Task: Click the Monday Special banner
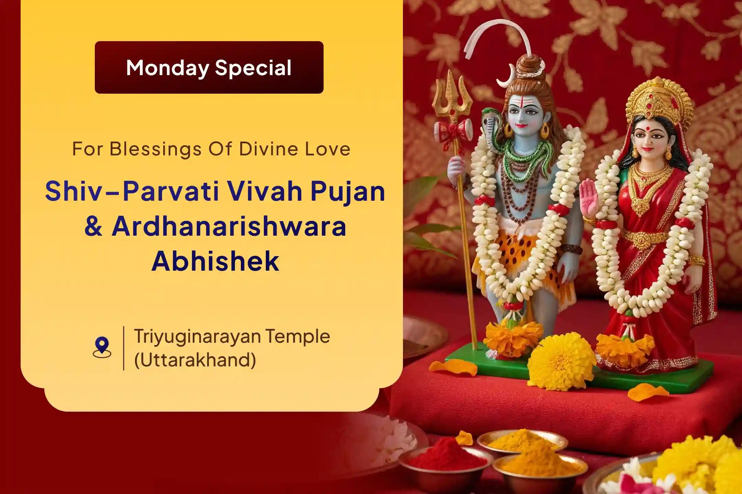pos(209,67)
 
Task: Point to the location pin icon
pos(102,347)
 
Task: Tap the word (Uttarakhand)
pos(195,360)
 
